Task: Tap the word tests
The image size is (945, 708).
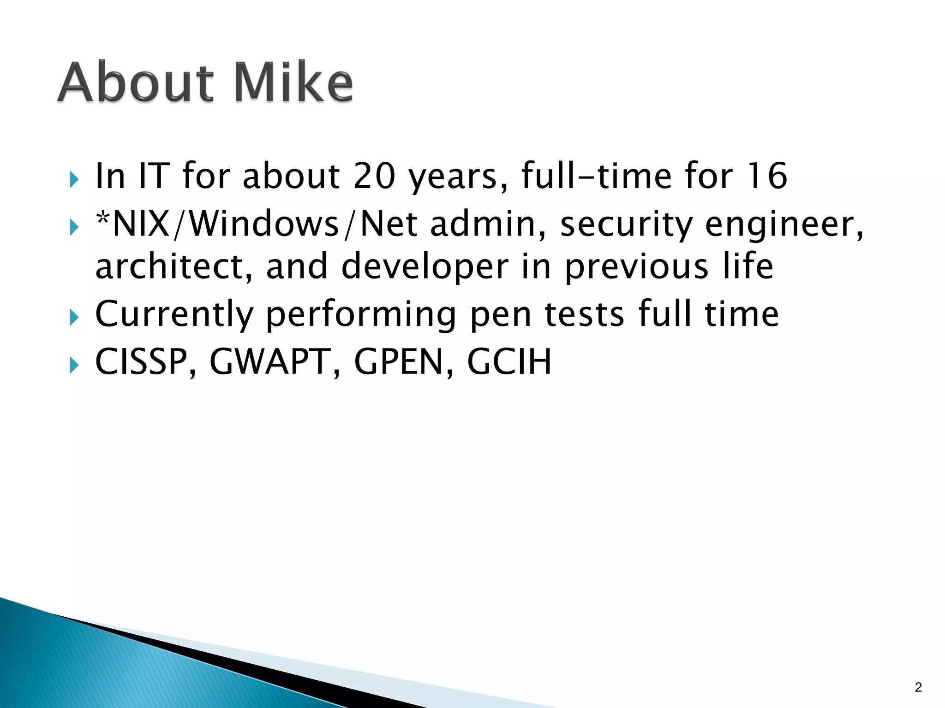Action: click(x=585, y=314)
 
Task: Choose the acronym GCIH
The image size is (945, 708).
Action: click(x=509, y=362)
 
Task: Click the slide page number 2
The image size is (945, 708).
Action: click(x=918, y=687)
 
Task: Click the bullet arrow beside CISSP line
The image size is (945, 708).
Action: click(x=74, y=366)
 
